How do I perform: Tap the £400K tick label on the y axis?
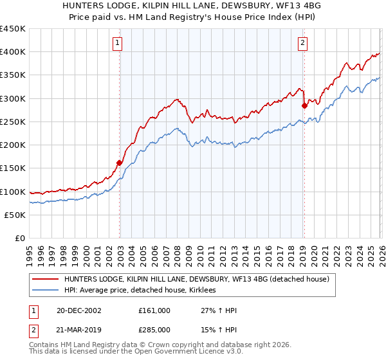click(x=13, y=52)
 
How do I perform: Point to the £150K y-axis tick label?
click(x=13, y=168)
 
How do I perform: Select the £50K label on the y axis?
click(x=15, y=215)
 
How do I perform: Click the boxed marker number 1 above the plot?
click(x=118, y=43)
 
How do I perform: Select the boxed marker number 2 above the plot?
click(x=302, y=43)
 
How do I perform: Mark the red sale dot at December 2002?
click(x=120, y=163)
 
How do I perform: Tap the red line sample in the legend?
click(x=46, y=280)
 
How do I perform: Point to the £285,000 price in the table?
click(x=155, y=329)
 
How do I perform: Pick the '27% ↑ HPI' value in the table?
click(x=219, y=310)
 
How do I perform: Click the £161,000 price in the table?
click(x=155, y=310)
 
